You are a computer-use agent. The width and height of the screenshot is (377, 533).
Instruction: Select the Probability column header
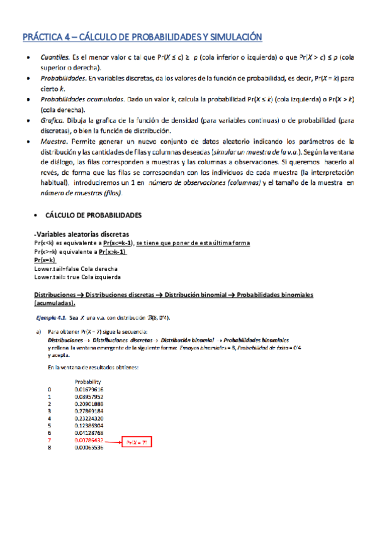tap(88, 381)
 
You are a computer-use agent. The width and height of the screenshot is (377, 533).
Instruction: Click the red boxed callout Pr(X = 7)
tap(138, 442)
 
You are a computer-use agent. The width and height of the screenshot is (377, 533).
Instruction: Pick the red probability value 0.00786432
tap(88, 440)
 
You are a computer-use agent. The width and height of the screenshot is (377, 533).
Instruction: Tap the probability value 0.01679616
tap(88, 390)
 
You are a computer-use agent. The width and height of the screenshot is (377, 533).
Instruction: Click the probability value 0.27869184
tap(88, 411)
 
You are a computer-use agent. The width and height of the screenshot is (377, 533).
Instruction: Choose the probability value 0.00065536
tap(88, 448)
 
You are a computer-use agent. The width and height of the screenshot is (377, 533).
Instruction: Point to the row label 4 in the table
tap(48, 419)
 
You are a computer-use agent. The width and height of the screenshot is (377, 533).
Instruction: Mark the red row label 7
tap(48, 440)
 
